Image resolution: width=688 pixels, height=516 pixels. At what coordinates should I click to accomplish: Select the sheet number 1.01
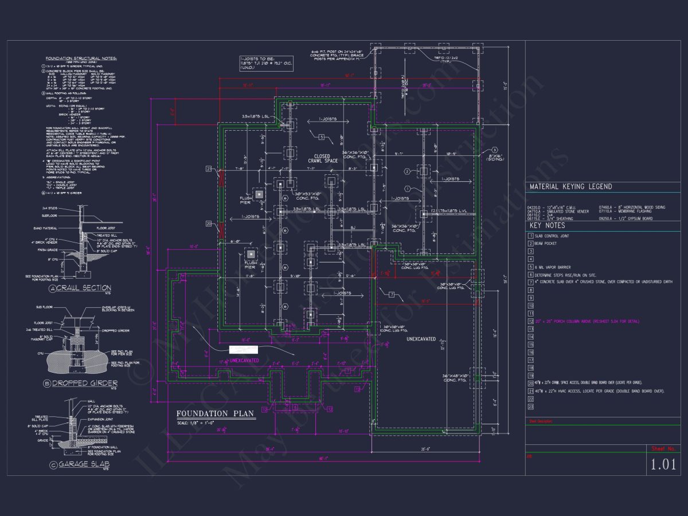point(664,465)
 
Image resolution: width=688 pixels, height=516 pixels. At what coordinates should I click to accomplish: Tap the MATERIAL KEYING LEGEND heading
point(570,187)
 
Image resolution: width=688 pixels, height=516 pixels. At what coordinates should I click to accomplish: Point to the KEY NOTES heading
point(547,226)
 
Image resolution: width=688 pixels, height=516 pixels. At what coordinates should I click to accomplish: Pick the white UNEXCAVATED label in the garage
point(421,339)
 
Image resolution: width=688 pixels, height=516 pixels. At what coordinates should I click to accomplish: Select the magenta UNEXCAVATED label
point(244,361)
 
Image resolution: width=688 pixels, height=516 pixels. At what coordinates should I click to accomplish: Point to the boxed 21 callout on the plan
point(209,169)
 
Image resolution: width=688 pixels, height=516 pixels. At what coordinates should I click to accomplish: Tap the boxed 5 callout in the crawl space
point(322,137)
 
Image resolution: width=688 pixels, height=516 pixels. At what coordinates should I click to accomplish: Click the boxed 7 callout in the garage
point(392,295)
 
